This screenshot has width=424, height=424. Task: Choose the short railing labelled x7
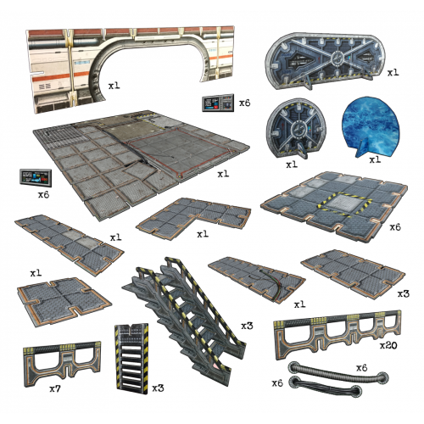click(x=62, y=363)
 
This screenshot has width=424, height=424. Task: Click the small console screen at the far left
click(x=37, y=177)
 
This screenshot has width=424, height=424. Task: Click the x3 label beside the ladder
click(x=158, y=388)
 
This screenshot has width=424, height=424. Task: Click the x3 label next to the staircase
click(x=248, y=326)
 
